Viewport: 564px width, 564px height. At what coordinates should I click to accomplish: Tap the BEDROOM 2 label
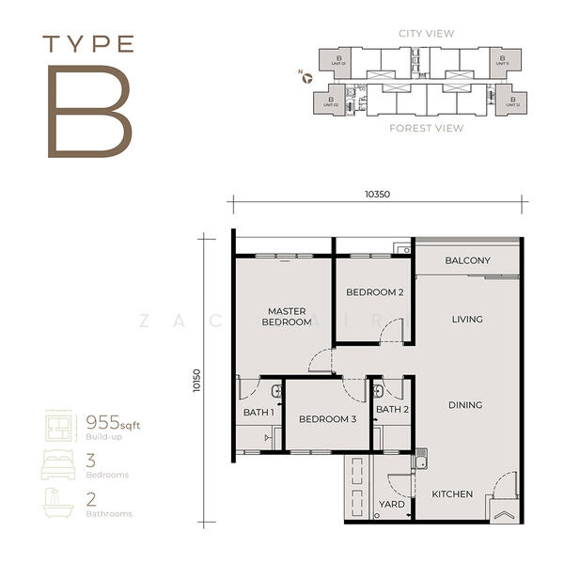pyautogui.click(x=374, y=292)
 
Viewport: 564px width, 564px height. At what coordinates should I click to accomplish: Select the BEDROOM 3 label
pyautogui.click(x=327, y=419)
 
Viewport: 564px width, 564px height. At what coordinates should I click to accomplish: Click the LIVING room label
pyautogui.click(x=466, y=320)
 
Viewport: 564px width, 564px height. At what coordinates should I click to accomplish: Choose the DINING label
pyautogui.click(x=465, y=405)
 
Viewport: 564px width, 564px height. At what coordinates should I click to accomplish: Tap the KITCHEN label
pyautogui.click(x=452, y=494)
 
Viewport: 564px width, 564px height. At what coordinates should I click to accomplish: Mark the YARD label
pyautogui.click(x=391, y=505)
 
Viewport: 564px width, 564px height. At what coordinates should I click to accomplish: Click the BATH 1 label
pyautogui.click(x=258, y=411)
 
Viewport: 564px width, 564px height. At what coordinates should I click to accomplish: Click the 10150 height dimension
pyautogui.click(x=196, y=378)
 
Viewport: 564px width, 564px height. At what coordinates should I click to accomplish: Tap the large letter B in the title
pyautogui.click(x=90, y=110)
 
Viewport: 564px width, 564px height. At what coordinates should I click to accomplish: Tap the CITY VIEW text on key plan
pyautogui.click(x=428, y=34)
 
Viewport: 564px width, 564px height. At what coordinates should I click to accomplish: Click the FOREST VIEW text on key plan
pyautogui.click(x=428, y=128)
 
